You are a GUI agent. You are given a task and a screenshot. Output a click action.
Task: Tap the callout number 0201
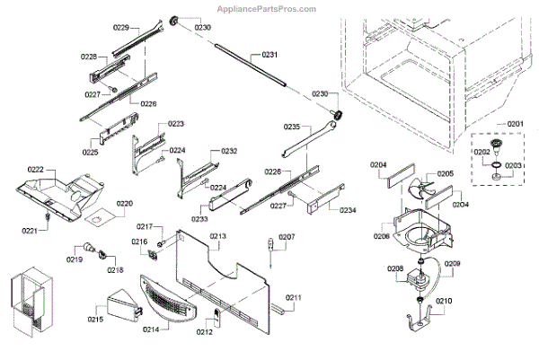tap(514, 123)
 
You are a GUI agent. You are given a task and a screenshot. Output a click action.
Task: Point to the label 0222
tap(35, 170)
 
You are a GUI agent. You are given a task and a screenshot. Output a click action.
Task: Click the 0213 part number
tap(218, 237)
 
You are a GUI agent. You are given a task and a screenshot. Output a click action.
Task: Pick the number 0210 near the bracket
tap(445, 302)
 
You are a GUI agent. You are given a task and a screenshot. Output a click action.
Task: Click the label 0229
tap(121, 28)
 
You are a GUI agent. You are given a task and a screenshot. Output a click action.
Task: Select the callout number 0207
tap(286, 238)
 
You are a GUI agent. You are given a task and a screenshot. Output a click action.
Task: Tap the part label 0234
tap(346, 209)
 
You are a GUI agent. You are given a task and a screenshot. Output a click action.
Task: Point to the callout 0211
tap(294, 297)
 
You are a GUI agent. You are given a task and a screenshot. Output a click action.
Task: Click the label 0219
tap(75, 259)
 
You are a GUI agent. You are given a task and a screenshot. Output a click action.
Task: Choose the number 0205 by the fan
tap(445, 173)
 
